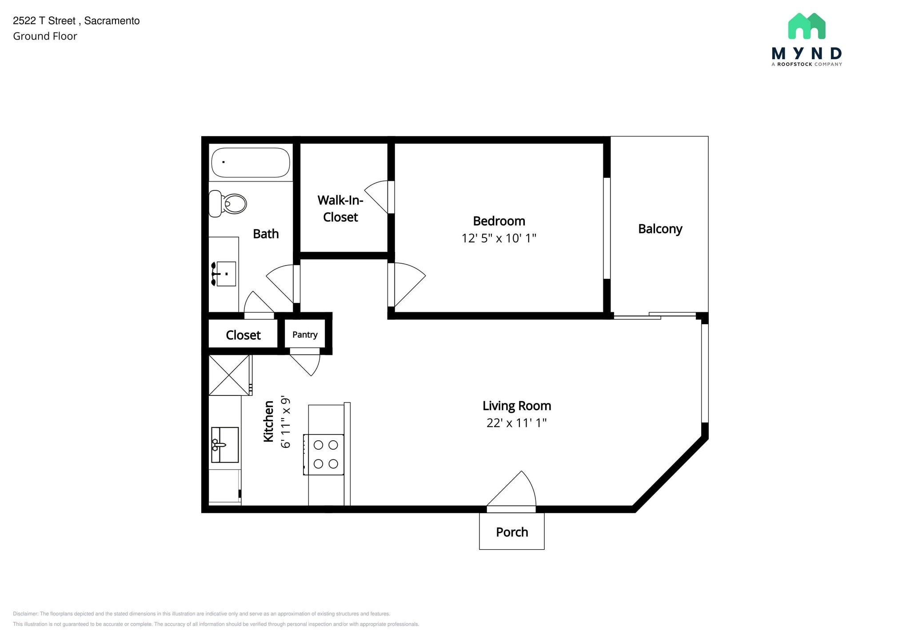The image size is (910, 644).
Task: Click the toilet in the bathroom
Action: pyautogui.click(x=227, y=204)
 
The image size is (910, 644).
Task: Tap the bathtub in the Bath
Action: pyautogui.click(x=251, y=162)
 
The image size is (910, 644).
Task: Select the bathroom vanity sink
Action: pyautogui.click(x=224, y=274)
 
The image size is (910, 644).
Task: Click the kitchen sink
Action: pyautogui.click(x=225, y=445)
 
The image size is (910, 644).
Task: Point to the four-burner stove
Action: pyautogui.click(x=323, y=455)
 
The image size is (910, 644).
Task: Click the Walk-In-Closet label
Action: pyautogui.click(x=340, y=209)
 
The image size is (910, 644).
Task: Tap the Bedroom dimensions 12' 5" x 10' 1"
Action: pyautogui.click(x=499, y=238)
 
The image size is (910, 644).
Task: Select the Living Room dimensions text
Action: pyautogui.click(x=516, y=423)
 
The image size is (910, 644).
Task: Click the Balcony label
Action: pyautogui.click(x=660, y=229)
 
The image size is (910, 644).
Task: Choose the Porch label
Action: pyautogui.click(x=512, y=532)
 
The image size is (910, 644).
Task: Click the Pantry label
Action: pyautogui.click(x=305, y=335)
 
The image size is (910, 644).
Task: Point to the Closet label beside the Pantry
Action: pyautogui.click(x=243, y=335)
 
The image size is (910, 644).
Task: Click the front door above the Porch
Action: pyautogui.click(x=511, y=490)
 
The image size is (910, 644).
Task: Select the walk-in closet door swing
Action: pyautogui.click(x=379, y=197)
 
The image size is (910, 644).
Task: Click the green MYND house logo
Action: pyautogui.click(x=806, y=26)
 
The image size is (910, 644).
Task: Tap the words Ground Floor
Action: pyautogui.click(x=45, y=36)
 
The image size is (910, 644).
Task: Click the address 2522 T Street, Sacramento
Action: pyautogui.click(x=76, y=21)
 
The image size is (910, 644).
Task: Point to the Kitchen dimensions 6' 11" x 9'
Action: pyautogui.click(x=285, y=422)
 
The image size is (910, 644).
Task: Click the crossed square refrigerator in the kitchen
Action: pyautogui.click(x=229, y=375)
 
